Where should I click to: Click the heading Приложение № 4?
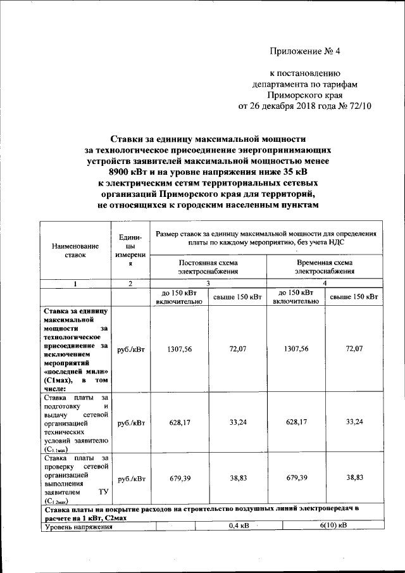click(309, 51)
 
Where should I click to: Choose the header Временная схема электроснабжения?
click(325, 267)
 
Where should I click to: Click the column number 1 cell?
click(75, 284)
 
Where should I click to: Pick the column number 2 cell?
click(130, 284)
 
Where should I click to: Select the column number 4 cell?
click(325, 284)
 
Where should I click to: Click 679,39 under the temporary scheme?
click(296, 479)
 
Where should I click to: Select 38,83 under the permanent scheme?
click(238, 479)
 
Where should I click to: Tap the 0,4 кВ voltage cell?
click(238, 525)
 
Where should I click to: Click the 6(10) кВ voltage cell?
click(333, 525)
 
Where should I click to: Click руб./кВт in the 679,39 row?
click(131, 479)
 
